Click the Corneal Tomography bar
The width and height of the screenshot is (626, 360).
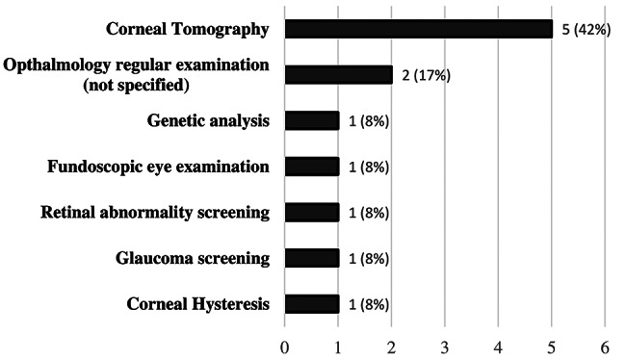point(419,29)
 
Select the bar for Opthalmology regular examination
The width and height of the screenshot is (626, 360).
point(339,75)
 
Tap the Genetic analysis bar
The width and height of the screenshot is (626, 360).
point(312,121)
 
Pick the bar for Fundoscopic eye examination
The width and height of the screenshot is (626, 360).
point(312,167)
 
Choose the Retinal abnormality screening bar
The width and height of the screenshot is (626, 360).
point(312,213)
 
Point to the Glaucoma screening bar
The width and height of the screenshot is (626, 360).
point(312,259)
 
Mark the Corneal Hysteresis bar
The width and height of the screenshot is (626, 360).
point(312,304)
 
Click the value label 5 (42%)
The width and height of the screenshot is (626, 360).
point(587,30)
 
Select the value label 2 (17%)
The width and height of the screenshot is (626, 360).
point(426,75)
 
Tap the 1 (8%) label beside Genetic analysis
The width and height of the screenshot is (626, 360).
point(369,121)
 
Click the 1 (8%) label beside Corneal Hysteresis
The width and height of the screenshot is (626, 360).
point(369,305)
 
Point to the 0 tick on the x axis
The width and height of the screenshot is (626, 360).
point(285,348)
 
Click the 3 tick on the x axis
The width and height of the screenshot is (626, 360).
point(445,348)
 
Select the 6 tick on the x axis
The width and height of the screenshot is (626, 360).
point(605,348)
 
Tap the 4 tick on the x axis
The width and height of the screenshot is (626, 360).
point(498,348)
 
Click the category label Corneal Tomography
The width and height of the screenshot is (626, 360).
point(188,30)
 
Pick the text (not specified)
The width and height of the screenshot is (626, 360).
point(136,85)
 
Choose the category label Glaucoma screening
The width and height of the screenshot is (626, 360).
point(193,259)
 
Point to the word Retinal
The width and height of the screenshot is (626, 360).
point(67,213)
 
